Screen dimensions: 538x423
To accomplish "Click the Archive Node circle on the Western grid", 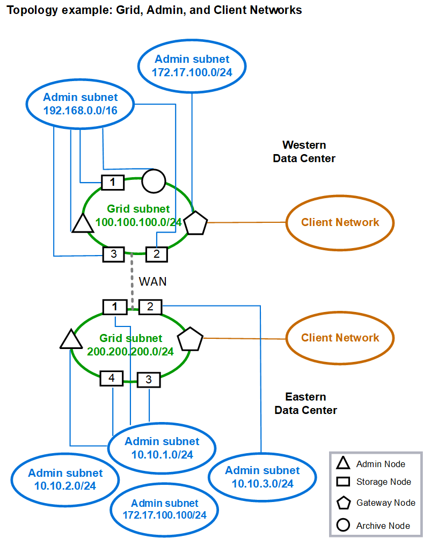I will click(153, 181).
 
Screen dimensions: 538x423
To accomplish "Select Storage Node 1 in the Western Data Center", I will click(113, 183).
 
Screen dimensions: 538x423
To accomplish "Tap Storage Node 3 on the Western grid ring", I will click(113, 254).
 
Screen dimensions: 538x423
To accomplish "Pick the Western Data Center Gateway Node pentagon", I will click(196, 223).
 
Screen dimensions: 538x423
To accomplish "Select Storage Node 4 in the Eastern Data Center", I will click(112, 378).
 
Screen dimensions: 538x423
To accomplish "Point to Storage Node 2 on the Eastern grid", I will click(150, 307).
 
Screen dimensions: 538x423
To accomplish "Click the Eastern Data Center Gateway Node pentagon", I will click(191, 340).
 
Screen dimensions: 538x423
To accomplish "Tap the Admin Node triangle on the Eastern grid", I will click(70, 340).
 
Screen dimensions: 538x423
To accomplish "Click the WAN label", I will click(152, 281).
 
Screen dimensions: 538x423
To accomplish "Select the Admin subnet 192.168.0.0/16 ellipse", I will click(81, 104).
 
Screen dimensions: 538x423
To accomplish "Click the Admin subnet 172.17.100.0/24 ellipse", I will click(192, 66).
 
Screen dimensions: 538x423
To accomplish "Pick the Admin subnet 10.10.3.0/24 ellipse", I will click(262, 477).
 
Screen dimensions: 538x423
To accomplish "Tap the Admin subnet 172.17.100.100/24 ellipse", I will click(164, 509).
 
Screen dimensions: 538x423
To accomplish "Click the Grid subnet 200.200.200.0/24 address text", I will click(130, 352).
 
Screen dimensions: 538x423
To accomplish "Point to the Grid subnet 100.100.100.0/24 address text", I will click(138, 221).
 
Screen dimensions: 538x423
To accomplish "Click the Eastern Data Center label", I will click(305, 404).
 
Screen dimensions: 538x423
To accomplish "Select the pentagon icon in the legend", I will click(344, 503).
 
